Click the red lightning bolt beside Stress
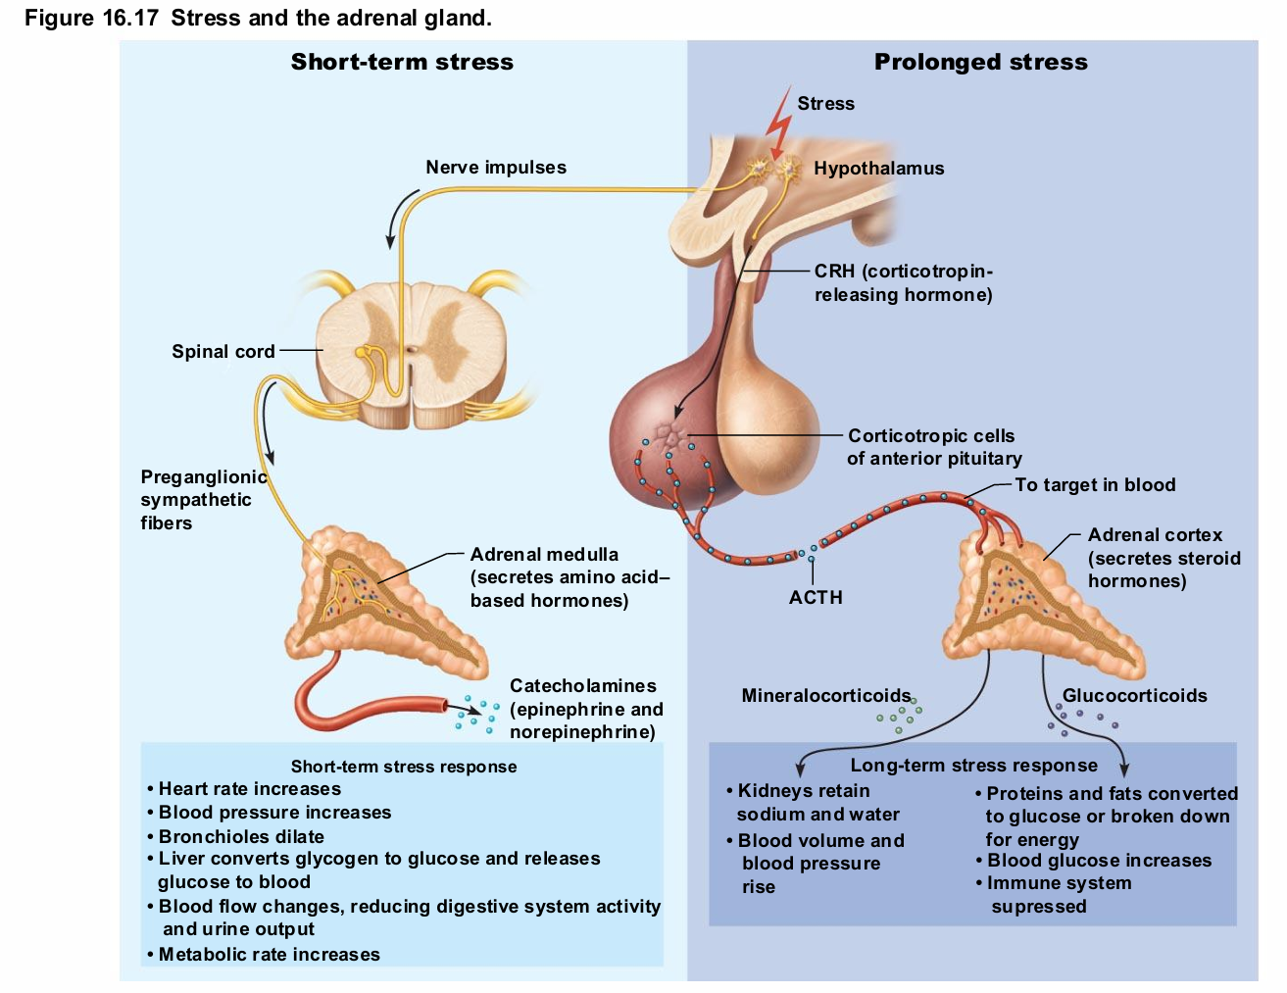780,124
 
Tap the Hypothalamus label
878,169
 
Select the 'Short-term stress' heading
402,63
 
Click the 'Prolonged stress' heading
980,63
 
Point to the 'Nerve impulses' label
496,168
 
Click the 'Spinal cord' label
223,352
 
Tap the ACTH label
816,598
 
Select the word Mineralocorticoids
825,696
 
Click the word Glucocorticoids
1134,696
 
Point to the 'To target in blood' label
1095,485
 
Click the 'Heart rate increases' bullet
249,789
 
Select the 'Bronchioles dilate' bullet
241,837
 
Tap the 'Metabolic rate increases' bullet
269,955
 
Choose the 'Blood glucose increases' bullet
1099,861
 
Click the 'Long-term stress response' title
973,766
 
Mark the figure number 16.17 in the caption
130,18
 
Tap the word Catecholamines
583,686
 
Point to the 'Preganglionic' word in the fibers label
204,477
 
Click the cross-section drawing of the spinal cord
412,353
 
